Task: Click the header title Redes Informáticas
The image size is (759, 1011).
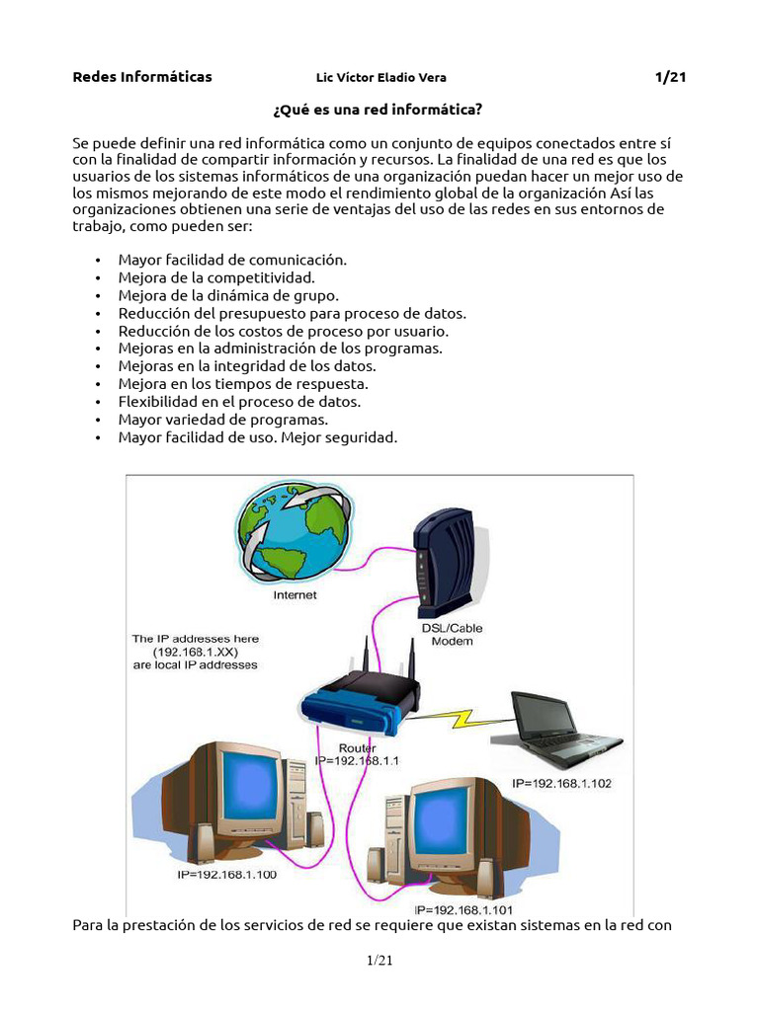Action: pos(142,77)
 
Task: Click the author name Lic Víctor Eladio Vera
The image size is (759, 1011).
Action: pos(374,78)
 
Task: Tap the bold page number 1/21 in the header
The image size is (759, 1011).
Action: pos(670,77)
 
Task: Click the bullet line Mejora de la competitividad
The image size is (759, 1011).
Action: pos(216,277)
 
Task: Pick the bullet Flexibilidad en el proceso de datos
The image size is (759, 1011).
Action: pos(239,402)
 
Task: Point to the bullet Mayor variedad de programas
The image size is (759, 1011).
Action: pos(222,420)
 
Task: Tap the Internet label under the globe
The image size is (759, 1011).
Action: pos(295,596)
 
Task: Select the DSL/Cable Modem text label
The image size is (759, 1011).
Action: pos(452,634)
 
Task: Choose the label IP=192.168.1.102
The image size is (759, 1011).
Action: pos(562,782)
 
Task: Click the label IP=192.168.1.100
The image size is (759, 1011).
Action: pos(228,875)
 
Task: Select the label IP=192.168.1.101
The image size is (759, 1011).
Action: pos(464,909)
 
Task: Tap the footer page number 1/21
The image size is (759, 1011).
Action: pos(379,962)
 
